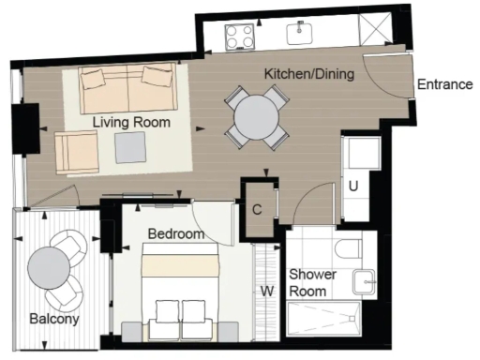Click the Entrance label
click(444, 84)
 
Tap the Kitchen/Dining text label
click(308, 74)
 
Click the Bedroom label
click(175, 233)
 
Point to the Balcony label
click(53, 319)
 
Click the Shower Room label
click(308, 283)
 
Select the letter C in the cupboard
click(257, 209)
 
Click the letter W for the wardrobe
click(267, 291)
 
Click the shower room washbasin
click(364, 279)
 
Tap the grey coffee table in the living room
click(130, 146)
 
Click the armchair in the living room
click(76, 152)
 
